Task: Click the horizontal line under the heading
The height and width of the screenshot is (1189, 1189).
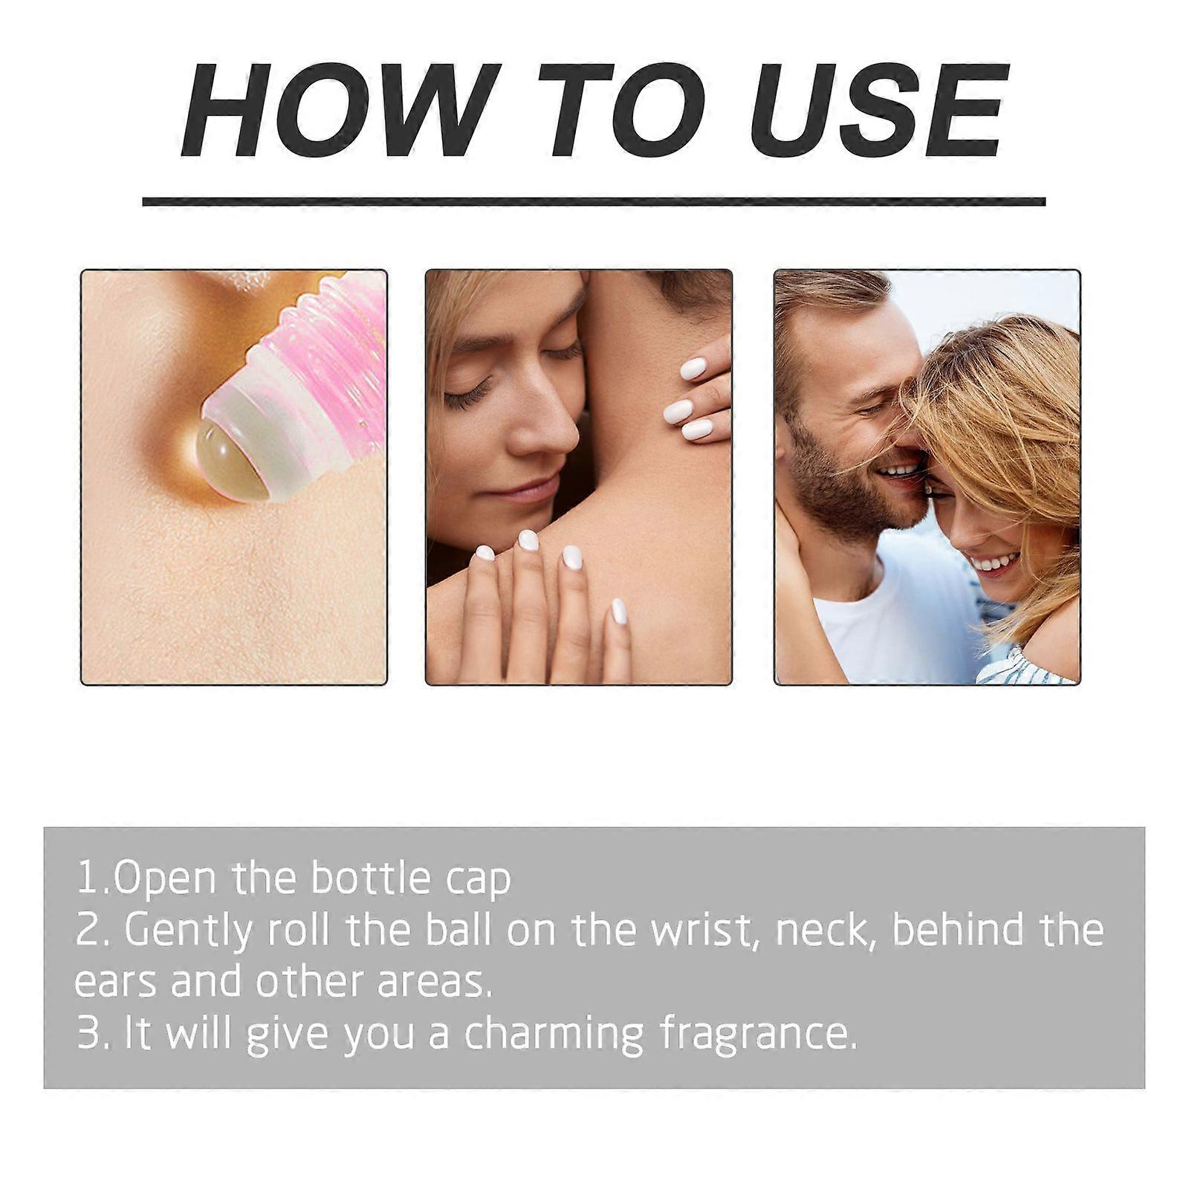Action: coord(594,201)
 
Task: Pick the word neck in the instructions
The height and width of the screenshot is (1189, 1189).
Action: coord(822,930)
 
